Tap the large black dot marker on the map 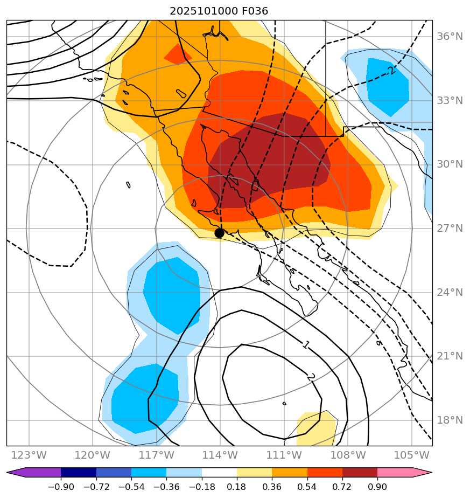point(219,233)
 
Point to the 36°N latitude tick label point(448,37)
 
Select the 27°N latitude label point(448,229)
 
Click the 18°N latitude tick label point(448,420)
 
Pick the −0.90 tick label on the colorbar point(61,487)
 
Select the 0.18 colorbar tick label point(237,487)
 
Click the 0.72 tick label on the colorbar point(342,487)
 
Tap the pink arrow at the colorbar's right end point(423,473)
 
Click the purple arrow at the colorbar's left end point(15,473)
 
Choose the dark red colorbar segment point(360,473)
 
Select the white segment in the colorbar point(219,473)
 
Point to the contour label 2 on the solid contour point(310,377)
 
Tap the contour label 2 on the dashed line point(391,71)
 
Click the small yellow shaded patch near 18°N point(317,426)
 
